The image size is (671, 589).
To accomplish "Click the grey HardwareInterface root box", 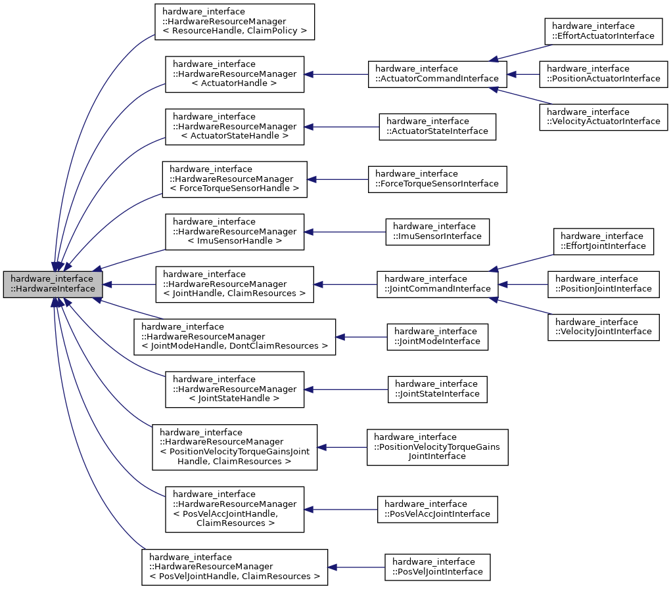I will click(53, 284).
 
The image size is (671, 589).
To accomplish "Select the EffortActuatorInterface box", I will click(602, 31).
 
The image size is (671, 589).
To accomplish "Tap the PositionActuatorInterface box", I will click(603, 74).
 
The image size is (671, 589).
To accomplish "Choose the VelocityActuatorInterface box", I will click(602, 117).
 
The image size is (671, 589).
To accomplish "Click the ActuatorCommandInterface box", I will click(437, 74).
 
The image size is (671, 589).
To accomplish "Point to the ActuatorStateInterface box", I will click(437, 127).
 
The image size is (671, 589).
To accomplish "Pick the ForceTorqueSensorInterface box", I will click(437, 179).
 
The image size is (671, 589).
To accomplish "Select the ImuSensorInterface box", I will click(437, 232).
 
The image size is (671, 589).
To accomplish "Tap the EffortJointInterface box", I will click(603, 242).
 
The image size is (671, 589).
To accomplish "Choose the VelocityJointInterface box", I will click(603, 327).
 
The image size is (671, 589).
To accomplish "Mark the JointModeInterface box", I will click(437, 337).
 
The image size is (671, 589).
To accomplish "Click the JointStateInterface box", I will click(437, 389).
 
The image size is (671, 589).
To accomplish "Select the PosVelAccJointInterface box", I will click(437, 510).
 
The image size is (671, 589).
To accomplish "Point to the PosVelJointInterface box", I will click(437, 567).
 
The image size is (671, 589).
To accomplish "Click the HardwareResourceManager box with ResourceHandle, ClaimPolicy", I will click(235, 22).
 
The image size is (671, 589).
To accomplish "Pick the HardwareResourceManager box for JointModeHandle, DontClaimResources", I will click(235, 337).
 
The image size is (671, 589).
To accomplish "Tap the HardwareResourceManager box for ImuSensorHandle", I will click(235, 232).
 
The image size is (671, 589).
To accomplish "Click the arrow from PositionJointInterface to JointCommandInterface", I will click(522, 284).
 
